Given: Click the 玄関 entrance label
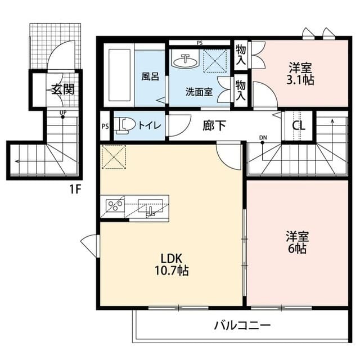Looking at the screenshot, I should tap(64, 89).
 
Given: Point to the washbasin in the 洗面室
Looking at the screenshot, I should tap(184, 60).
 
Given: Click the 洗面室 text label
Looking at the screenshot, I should tap(199, 92).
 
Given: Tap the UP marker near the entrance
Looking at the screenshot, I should tap(63, 112).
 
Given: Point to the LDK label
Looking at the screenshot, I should tap(170, 259).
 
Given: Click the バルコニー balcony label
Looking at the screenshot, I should tap(242, 325).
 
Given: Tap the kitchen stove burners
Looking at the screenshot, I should tap(115, 205).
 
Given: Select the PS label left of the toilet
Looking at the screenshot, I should tap(105, 126).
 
